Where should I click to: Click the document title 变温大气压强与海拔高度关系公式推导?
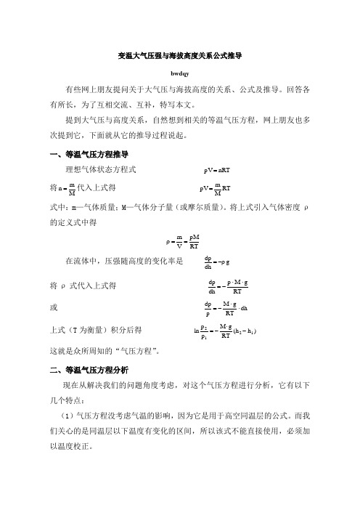coord(179,54)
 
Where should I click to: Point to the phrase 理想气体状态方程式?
coord(99,171)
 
